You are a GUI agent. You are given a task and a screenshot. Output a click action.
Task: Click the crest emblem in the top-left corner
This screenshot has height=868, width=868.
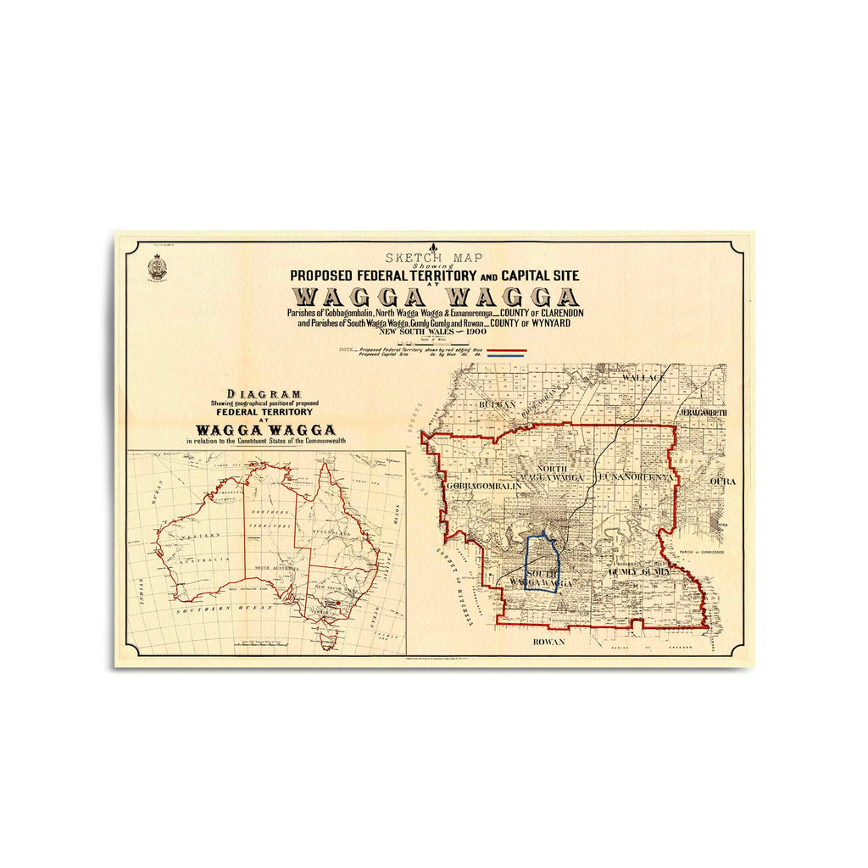157,267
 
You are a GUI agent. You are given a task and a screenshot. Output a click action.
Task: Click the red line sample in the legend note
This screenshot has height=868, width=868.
507,350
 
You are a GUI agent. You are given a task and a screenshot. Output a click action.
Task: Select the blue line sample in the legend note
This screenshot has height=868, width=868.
507,356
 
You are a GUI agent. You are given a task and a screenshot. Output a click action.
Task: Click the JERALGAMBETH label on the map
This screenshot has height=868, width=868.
703,413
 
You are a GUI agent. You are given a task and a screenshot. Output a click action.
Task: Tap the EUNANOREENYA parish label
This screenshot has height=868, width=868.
636,477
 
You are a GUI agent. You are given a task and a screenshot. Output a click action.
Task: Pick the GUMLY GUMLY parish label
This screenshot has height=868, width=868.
639,572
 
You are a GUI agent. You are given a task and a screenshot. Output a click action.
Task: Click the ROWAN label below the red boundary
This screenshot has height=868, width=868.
548,643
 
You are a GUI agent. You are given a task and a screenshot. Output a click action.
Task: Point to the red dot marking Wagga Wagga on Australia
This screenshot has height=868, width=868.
338,604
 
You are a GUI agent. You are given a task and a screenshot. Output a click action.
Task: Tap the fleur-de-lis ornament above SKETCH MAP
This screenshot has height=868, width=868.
434,248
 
